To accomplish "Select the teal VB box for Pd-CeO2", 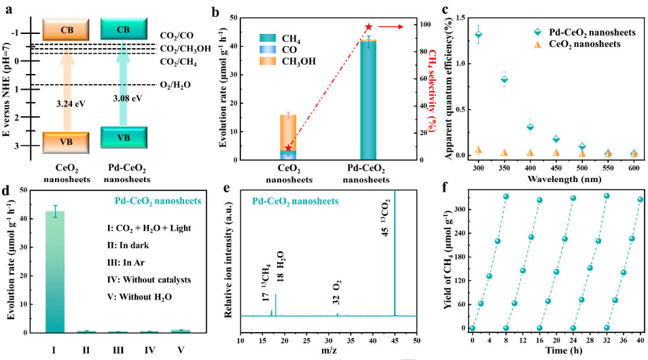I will pos(124,137).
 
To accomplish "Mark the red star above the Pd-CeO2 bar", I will pos(369,26).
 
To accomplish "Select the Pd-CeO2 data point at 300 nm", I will pos(478,34).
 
